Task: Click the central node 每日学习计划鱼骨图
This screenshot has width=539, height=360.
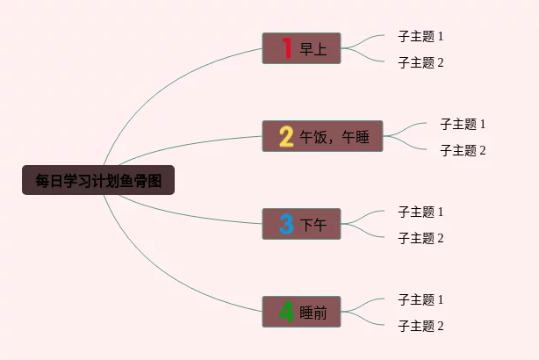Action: tap(98, 181)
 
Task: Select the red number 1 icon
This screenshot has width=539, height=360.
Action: tap(286, 48)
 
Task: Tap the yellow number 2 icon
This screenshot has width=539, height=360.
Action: tap(286, 136)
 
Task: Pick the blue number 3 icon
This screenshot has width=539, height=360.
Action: tap(286, 224)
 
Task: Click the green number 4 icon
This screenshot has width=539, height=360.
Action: tap(286, 312)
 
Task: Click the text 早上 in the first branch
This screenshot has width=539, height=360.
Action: tap(313, 49)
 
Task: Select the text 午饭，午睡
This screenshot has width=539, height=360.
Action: tap(334, 137)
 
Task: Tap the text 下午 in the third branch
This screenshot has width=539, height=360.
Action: tap(313, 225)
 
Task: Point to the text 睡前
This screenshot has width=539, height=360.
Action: tap(313, 313)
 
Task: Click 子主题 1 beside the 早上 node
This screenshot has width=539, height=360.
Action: tap(420, 36)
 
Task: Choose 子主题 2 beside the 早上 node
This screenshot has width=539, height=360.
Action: tap(420, 62)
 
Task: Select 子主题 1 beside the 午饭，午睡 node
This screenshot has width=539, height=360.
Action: tap(463, 124)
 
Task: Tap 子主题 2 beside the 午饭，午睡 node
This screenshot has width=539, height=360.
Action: tap(463, 150)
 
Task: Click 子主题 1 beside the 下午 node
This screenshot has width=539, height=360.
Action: tap(420, 212)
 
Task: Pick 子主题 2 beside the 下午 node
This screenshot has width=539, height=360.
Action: tap(420, 238)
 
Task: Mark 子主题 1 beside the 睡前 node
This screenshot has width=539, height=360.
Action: tap(420, 299)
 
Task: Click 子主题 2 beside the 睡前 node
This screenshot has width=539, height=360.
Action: tap(420, 326)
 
